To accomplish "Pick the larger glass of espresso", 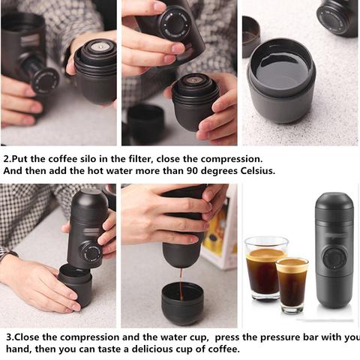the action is pos(265,268).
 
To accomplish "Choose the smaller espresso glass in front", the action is pos(292,285).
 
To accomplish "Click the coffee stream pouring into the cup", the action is pos(181,284).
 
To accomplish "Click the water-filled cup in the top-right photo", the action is pos(281,81).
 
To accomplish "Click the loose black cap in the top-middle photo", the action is pos(145,124).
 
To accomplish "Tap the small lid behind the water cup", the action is pos(251,36).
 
